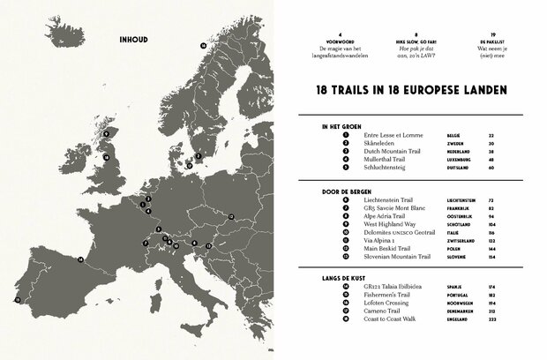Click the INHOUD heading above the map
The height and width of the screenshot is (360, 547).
pyautogui.click(x=132, y=40)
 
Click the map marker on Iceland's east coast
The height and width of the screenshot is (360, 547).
pyautogui.click(x=203, y=44)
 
